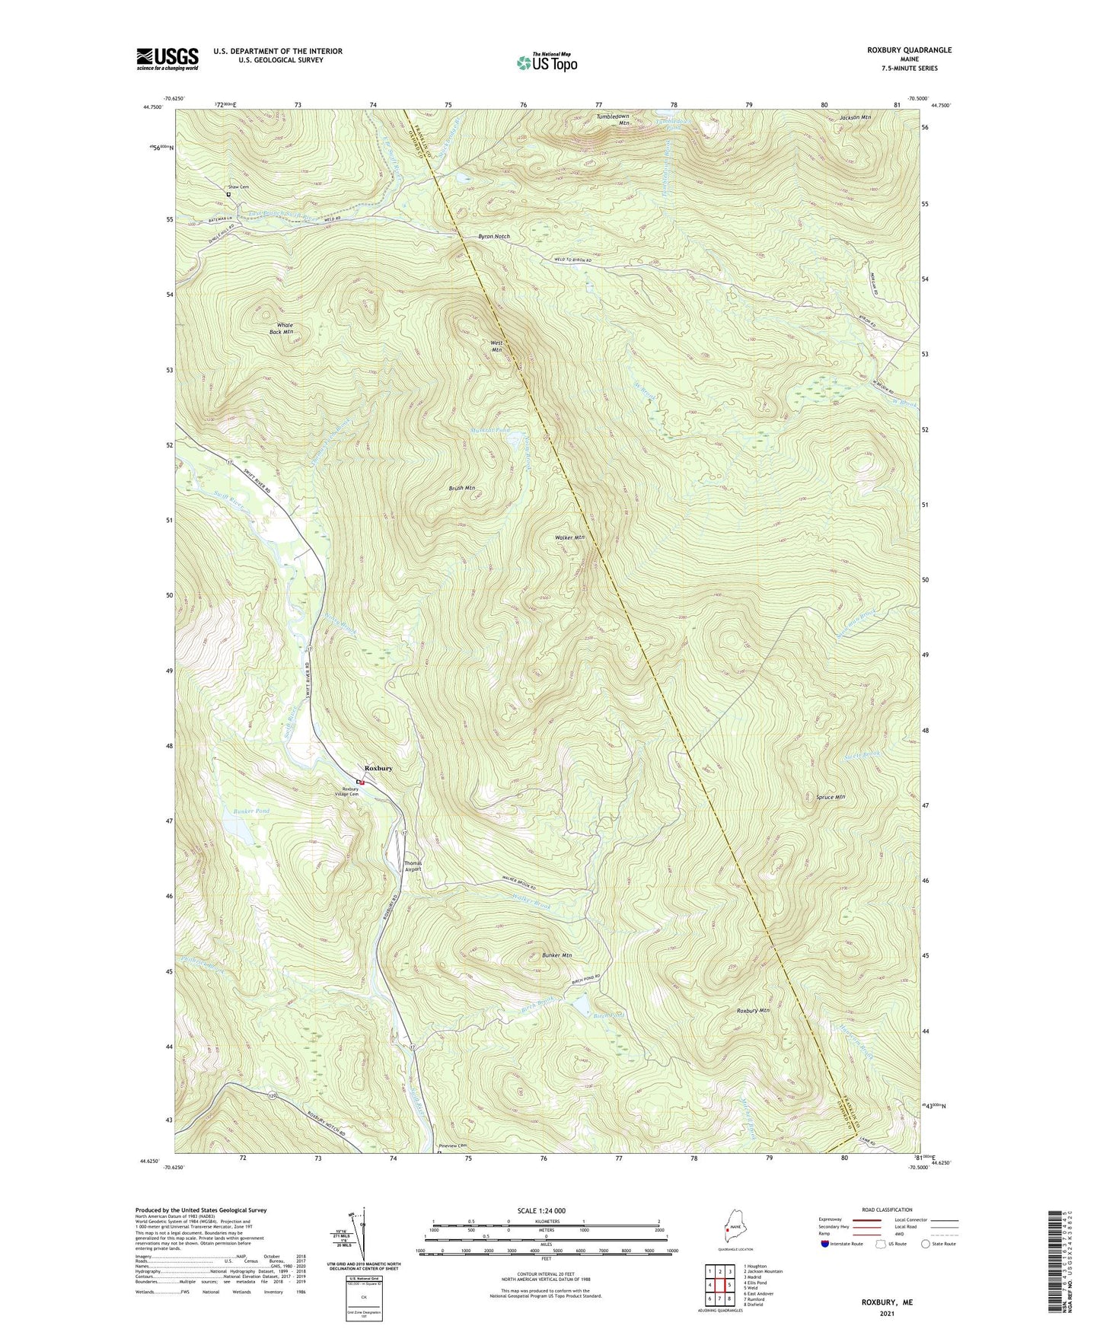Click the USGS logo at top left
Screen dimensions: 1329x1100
167,59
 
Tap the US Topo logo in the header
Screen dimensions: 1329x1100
546,62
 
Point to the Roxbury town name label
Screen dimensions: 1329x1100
378,768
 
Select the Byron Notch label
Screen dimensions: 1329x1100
493,237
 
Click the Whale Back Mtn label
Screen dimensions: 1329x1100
281,329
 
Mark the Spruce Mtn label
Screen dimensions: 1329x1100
830,797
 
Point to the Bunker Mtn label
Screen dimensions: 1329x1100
556,955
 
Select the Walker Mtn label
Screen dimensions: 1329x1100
569,537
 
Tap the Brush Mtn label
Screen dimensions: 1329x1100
461,488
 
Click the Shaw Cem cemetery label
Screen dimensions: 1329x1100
238,186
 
